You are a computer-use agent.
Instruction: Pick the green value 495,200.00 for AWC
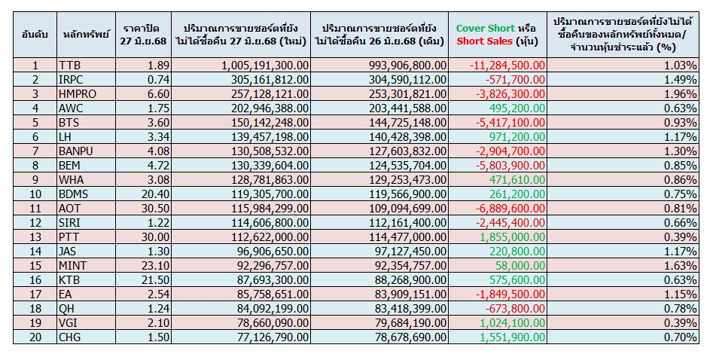[516, 107]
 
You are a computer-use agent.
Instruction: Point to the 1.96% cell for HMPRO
[681, 93]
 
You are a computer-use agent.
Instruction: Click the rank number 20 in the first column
[35, 337]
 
